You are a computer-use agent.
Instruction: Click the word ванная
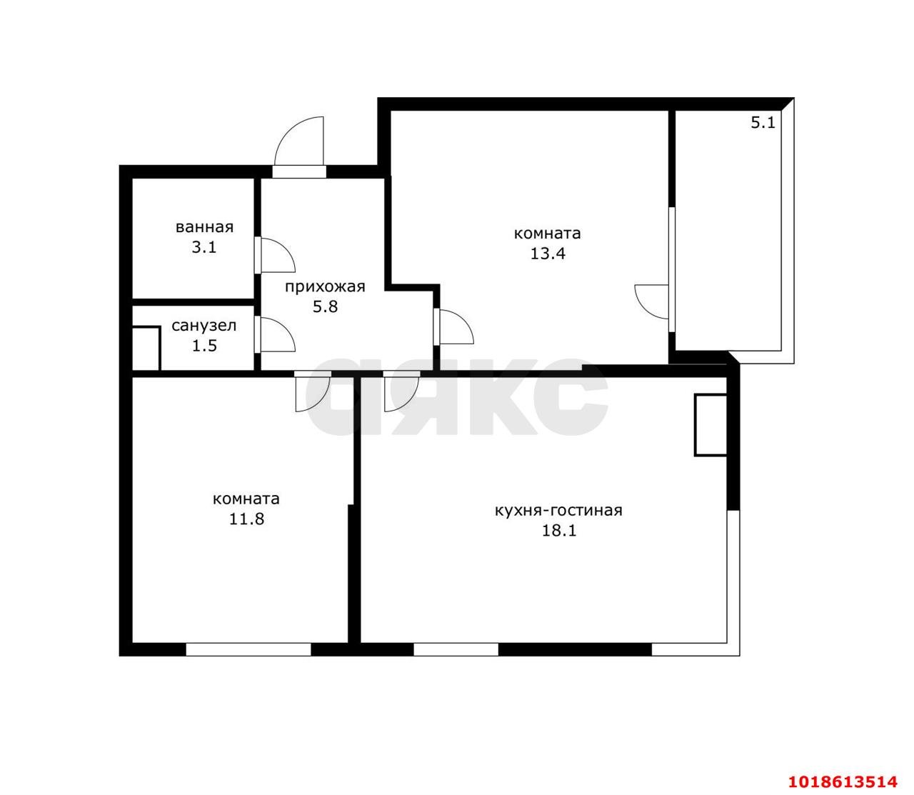point(204,227)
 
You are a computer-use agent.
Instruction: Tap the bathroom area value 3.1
point(204,247)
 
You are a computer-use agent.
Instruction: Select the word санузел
point(204,326)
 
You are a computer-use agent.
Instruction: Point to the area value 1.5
point(205,346)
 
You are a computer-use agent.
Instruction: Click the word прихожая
point(325,287)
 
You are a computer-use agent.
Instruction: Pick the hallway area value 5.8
point(325,306)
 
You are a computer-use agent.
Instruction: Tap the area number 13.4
point(548,254)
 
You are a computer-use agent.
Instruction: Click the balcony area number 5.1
point(763,122)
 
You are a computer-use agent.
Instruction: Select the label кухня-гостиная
point(558,511)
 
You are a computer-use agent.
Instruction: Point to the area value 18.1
point(559,531)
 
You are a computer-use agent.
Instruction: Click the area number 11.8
point(247,519)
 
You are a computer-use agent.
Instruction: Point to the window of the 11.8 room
point(248,650)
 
